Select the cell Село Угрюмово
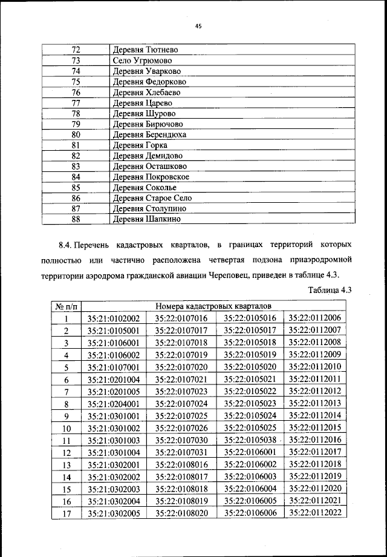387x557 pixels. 142,61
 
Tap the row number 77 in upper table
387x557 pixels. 76,103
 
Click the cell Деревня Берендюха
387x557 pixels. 149,135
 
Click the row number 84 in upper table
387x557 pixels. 76,177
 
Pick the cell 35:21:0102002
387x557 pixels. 114,318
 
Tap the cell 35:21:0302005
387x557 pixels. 114,512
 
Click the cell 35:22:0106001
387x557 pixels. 250,451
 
